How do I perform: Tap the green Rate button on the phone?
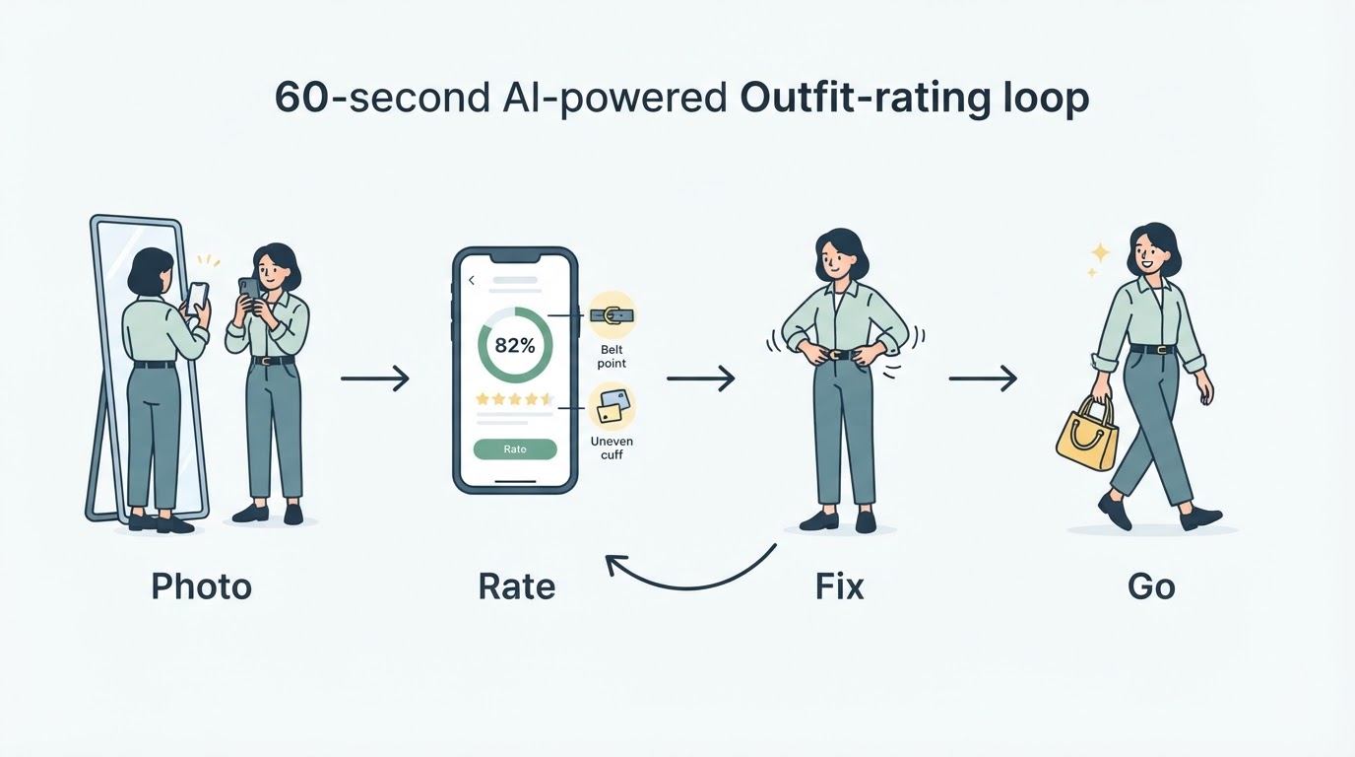pos(515,449)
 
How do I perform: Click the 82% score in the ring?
pos(515,346)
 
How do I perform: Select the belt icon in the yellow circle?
pos(612,315)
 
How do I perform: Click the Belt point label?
pos(612,357)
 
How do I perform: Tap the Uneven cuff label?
pos(612,447)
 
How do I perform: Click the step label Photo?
pos(202,587)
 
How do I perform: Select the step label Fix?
pos(840,586)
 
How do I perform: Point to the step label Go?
pos(1151,586)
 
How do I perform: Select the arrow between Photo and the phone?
pos(375,378)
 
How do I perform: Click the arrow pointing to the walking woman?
pos(983,378)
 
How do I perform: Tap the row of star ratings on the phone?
pos(515,399)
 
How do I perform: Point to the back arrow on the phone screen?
pos(472,280)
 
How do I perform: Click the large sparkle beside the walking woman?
pos(1100,252)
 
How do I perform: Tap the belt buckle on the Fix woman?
pos(837,355)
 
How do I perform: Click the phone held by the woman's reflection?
pos(197,298)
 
